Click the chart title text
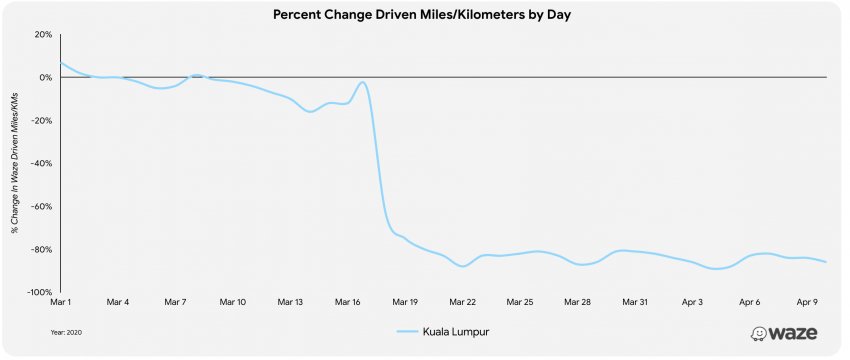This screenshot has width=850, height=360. pos(422,15)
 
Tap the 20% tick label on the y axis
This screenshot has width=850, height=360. pos(44,35)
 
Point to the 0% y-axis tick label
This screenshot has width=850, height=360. pos(46,78)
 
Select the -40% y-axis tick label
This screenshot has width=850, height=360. pos(42,163)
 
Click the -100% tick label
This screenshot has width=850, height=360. pos(41,292)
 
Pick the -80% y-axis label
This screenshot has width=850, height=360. pos(42,249)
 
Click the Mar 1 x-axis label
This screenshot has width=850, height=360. pos(60,303)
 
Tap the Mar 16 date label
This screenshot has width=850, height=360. pos(347,303)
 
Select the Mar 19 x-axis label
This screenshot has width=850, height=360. pos(405,303)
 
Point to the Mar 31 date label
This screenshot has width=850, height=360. pos(635,303)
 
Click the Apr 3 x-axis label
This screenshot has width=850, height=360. pos(692,303)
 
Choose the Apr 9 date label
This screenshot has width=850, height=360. pos(807,303)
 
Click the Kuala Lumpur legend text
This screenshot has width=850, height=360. pos(456,331)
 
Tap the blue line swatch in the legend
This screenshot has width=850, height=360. pos(407,331)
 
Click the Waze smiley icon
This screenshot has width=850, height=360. pos(758,333)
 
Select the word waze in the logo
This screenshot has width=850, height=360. pos(794,333)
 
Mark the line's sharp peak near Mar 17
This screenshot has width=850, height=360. pos(363,82)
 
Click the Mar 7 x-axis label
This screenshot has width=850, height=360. pos(175,303)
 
